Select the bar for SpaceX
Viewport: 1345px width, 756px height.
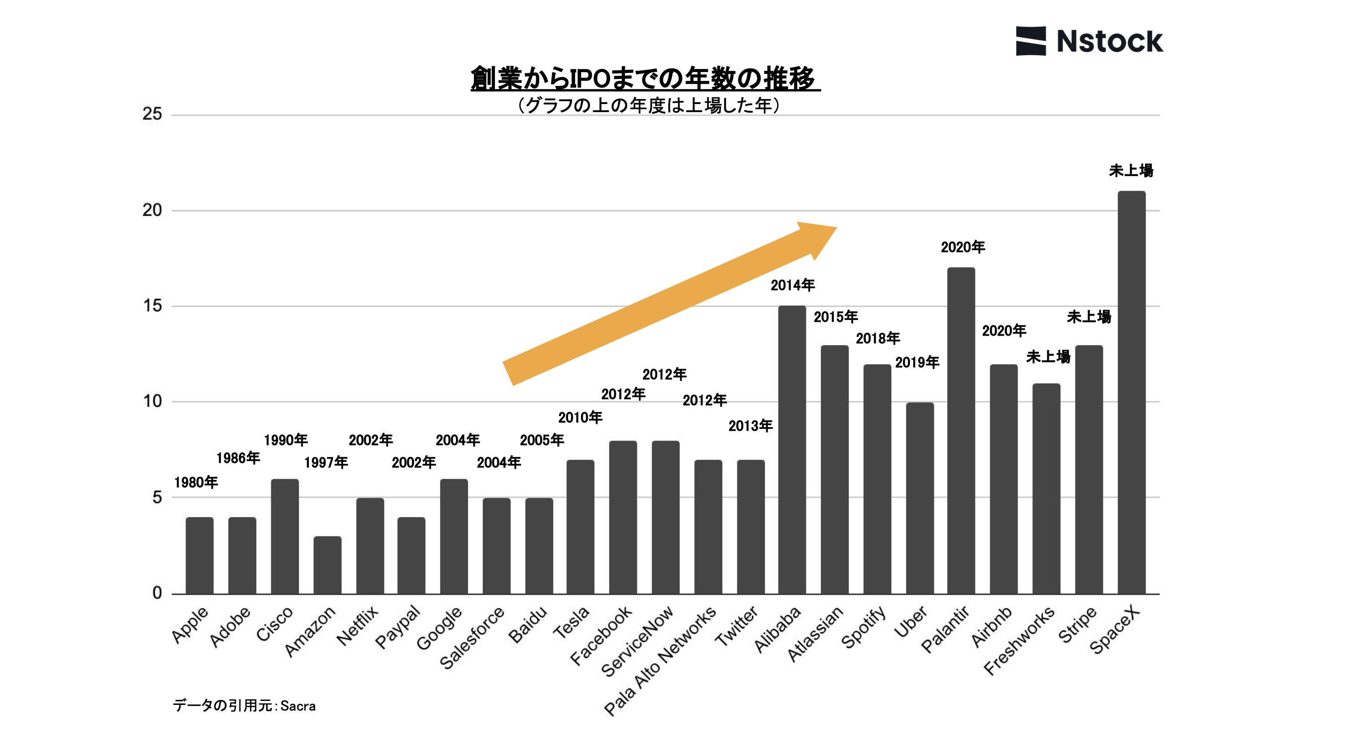point(1131,393)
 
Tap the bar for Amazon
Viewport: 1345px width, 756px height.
point(327,565)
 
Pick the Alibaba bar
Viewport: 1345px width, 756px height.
point(792,450)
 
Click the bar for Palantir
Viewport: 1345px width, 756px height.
point(961,431)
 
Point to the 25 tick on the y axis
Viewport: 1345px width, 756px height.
point(152,114)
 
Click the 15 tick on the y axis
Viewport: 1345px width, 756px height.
point(152,306)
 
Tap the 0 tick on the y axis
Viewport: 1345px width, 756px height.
point(156,593)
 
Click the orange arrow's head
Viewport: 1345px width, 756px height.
point(820,238)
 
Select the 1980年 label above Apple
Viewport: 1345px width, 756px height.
point(196,482)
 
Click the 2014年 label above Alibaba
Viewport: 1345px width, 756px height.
point(793,285)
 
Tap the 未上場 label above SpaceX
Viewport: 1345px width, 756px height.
point(1131,171)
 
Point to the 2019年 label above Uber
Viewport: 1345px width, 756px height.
point(917,362)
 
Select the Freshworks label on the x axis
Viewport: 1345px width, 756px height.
point(1019,640)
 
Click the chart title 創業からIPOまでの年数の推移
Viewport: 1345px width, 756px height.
point(645,79)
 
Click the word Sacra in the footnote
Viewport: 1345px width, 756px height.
point(298,706)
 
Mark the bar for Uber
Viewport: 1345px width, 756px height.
point(920,498)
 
